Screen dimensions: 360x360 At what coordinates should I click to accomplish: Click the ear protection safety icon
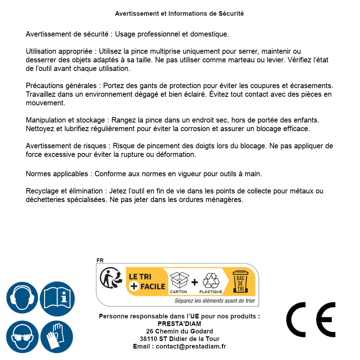tap(22, 298)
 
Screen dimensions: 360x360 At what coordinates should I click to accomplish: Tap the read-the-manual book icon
tap(57, 298)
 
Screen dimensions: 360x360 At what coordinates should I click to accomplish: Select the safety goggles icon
tap(22, 337)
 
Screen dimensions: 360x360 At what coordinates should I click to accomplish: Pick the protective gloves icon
tap(57, 337)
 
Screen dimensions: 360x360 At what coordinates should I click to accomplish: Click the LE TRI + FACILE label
tap(147, 282)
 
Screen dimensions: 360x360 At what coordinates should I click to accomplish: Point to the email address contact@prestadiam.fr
tap(191, 346)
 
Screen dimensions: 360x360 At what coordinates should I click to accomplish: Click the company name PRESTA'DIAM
tap(179, 324)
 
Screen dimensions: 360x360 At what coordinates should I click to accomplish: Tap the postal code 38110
tap(148, 339)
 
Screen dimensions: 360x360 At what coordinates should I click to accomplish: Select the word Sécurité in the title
tap(231, 14)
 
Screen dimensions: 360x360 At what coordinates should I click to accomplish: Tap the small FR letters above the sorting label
tap(100, 260)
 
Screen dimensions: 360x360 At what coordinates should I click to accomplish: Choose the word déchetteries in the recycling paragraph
tap(45, 200)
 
